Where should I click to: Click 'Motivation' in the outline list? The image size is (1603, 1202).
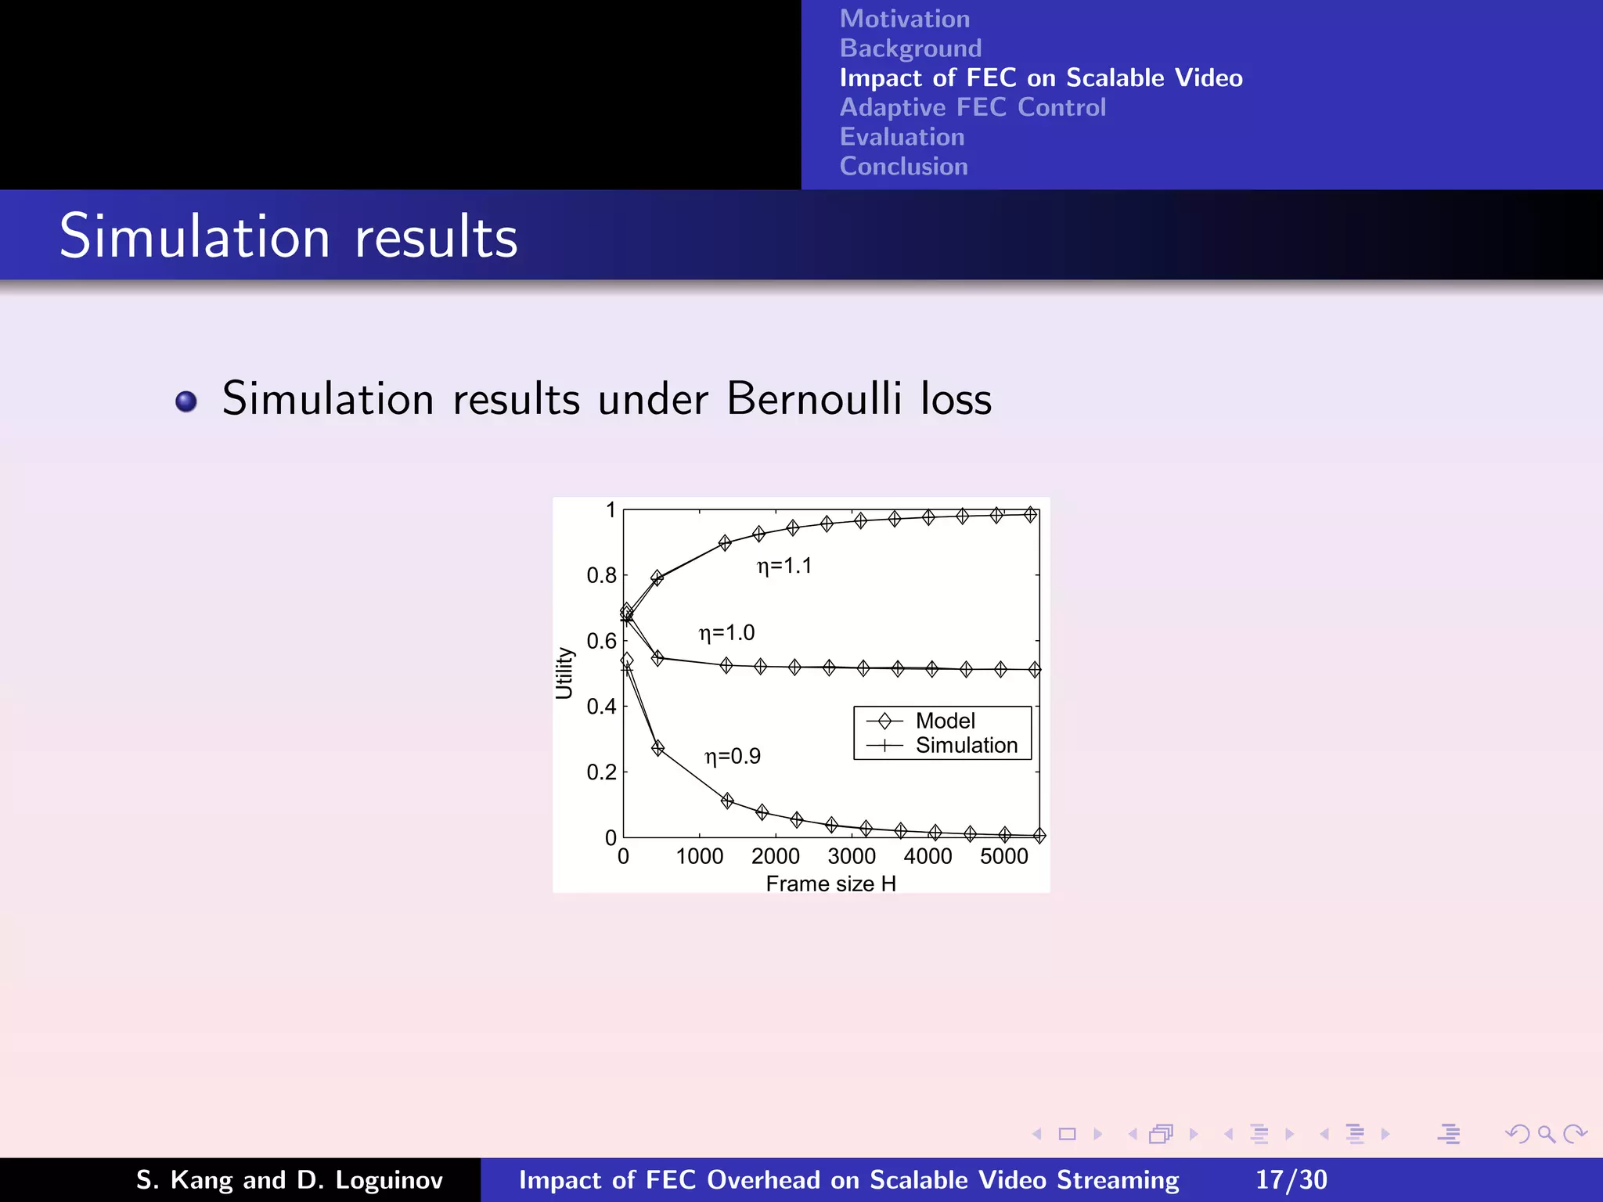pyautogui.click(x=904, y=19)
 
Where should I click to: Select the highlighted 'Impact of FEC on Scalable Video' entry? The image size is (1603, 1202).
pyautogui.click(x=1040, y=78)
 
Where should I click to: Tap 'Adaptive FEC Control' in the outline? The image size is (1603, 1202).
pyautogui.click(x=972, y=107)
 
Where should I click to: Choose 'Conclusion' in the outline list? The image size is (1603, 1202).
pyautogui.click(x=903, y=167)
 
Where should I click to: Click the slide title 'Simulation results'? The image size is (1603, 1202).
pyautogui.click(x=288, y=236)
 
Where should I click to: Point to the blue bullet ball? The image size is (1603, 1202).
pyautogui.click(x=186, y=401)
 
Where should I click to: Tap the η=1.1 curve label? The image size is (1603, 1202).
pyautogui.click(x=784, y=566)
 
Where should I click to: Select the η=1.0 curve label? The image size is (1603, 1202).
pyautogui.click(x=726, y=632)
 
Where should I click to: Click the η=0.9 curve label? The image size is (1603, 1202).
pyautogui.click(x=733, y=756)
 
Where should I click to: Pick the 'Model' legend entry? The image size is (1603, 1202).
pyautogui.click(x=944, y=721)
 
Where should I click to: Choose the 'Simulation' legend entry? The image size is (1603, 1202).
pyautogui.click(x=966, y=745)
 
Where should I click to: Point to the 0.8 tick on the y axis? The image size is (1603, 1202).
pyautogui.click(x=601, y=576)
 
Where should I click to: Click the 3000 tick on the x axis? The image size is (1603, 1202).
pyautogui.click(x=852, y=856)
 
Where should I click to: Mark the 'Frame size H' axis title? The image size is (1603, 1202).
pyautogui.click(x=830, y=884)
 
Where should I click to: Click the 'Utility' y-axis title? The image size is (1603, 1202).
pyautogui.click(x=564, y=673)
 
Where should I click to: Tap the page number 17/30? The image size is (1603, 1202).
pyautogui.click(x=1291, y=1179)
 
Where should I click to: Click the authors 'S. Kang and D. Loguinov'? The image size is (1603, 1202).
pyautogui.click(x=290, y=1179)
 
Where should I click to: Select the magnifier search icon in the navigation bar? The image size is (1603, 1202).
pyautogui.click(x=1545, y=1134)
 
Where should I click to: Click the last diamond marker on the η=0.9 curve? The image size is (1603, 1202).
pyautogui.click(x=1039, y=836)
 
